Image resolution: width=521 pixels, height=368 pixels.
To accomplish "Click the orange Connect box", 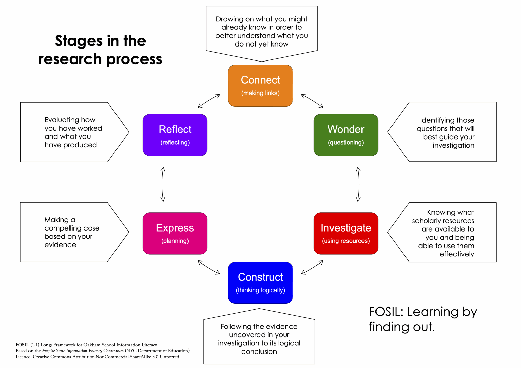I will [260, 86].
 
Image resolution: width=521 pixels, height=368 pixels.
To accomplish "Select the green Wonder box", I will [346, 135].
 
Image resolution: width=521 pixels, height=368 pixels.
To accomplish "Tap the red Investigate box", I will [346, 233].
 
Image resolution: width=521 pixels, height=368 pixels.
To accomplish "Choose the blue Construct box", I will [260, 283].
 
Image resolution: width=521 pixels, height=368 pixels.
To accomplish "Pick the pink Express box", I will [175, 233].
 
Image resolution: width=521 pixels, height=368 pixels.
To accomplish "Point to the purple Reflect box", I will [175, 135].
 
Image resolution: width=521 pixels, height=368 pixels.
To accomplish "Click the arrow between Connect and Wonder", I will [312, 101].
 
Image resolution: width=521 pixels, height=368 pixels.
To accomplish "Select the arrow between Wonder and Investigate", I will [359, 184].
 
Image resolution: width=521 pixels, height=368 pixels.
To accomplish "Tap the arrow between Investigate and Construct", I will [312, 267].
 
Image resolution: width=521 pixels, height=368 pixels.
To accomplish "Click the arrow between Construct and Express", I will [209, 267].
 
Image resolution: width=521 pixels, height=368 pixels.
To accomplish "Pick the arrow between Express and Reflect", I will [163, 184].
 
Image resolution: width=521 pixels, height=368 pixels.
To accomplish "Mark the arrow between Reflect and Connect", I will [209, 101].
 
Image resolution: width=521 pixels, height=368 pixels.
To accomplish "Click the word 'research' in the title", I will [70, 59].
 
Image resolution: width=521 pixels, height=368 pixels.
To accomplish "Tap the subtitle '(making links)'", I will [260, 93].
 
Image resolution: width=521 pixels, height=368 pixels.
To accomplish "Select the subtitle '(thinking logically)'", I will [260, 290].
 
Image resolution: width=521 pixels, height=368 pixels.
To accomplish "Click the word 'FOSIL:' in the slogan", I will [386, 312].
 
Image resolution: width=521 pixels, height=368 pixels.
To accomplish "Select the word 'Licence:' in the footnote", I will [23, 357].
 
